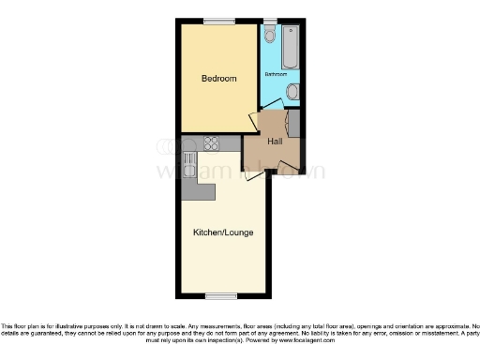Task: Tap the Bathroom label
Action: pyautogui.click(x=276, y=74)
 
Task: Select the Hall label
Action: pyautogui.click(x=275, y=142)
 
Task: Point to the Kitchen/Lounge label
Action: pyautogui.click(x=223, y=232)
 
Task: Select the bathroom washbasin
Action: pyautogui.click(x=292, y=92)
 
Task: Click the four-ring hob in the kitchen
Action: pyautogui.click(x=210, y=144)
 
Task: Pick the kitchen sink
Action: pyautogui.click(x=189, y=165)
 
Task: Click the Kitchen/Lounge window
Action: pyautogui.click(x=220, y=296)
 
